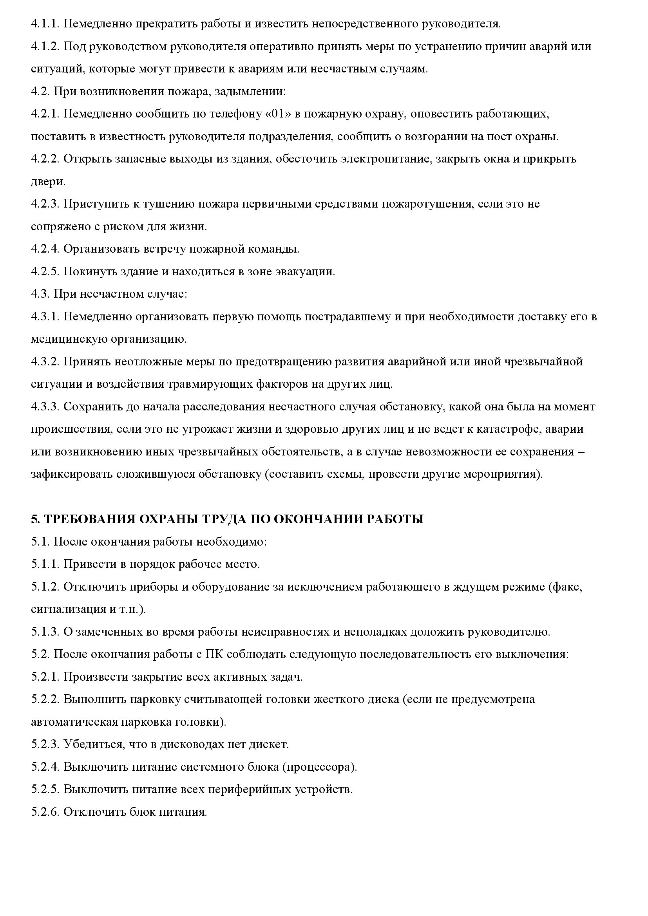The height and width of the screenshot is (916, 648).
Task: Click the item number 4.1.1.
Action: pyautogui.click(x=45, y=24)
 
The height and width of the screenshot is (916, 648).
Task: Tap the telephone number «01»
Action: pyautogui.click(x=278, y=114)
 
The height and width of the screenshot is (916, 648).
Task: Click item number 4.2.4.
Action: pyautogui.click(x=45, y=249)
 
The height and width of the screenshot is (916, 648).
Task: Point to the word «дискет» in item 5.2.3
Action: pyautogui.click(x=268, y=744)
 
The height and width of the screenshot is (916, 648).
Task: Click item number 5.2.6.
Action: pyautogui.click(x=45, y=812)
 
